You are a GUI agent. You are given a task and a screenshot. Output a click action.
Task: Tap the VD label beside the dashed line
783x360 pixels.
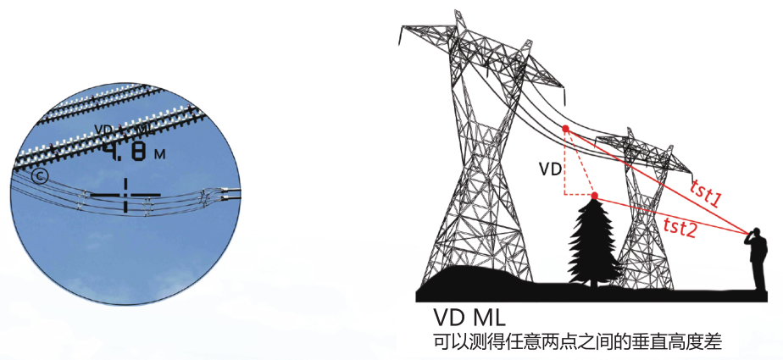pos(550,169)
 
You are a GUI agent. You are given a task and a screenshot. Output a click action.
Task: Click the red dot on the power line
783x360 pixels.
pos(565,129)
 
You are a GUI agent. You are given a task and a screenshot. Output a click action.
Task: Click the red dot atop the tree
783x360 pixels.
pos(595,197)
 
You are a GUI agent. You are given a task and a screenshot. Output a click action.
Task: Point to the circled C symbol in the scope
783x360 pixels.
pos(39,176)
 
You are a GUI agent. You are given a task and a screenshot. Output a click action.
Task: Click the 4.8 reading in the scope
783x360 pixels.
pos(125,152)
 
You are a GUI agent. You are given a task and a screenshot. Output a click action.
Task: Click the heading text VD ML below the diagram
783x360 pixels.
pos(470,319)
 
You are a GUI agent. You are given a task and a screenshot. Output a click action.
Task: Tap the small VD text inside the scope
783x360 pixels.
pos(104,130)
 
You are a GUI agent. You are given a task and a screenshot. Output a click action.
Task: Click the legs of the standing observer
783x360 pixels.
pos(756,275)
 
